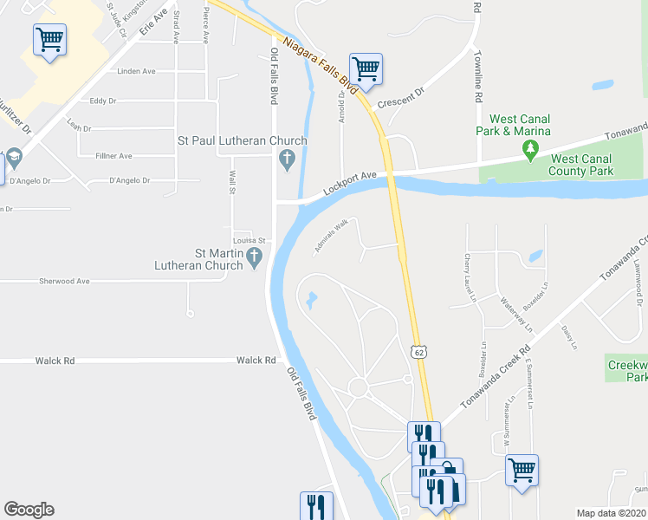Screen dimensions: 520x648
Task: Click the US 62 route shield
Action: click(419, 352)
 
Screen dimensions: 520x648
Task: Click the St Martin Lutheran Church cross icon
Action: click(255, 257)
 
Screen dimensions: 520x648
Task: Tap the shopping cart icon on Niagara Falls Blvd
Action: click(366, 68)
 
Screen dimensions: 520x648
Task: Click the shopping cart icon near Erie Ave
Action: click(49, 39)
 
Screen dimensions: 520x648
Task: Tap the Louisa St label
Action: click(248, 240)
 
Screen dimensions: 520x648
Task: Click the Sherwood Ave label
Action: click(64, 282)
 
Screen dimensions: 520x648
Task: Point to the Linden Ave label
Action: click(136, 71)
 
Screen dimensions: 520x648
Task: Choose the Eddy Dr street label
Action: click(102, 101)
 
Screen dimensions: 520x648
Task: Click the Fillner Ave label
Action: click(113, 156)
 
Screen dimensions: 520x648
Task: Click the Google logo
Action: click(29, 510)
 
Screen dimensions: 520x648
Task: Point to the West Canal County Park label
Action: click(582, 165)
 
